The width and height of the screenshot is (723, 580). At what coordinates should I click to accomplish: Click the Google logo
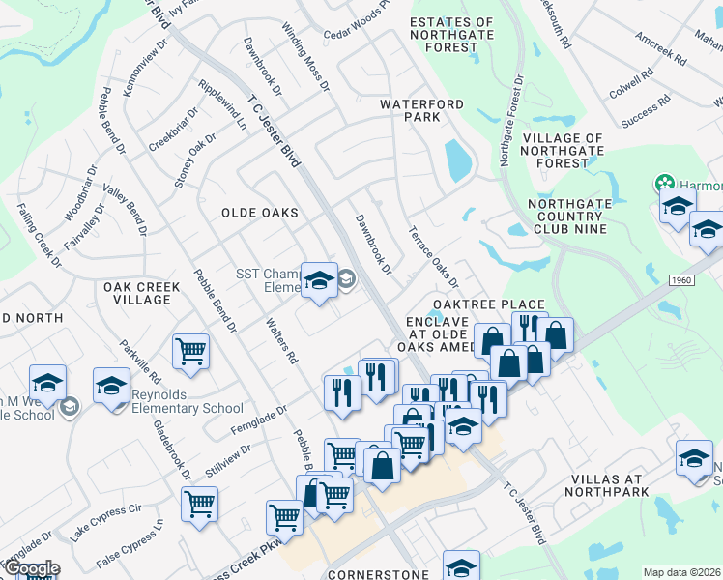31,568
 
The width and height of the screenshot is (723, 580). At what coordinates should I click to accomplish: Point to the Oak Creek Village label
136,293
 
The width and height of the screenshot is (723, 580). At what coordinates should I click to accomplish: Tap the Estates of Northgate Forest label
451,35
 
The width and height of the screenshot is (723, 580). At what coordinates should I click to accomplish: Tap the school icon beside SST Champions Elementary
319,280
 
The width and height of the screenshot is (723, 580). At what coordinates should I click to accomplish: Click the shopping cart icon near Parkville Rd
191,351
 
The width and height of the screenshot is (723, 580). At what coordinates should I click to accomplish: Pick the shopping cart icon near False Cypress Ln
199,503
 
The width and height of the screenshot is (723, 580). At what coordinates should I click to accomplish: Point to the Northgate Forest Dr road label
510,120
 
